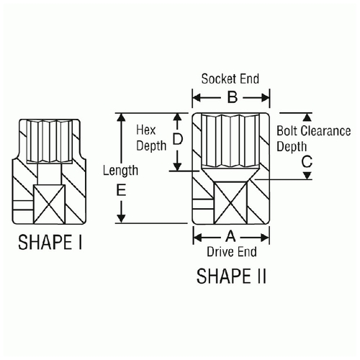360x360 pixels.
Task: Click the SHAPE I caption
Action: pyautogui.click(x=50, y=242)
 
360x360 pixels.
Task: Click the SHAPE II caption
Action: pyautogui.click(x=231, y=276)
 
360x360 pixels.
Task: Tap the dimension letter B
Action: pyautogui.click(x=233, y=97)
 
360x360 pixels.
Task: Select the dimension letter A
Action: pyautogui.click(x=230, y=236)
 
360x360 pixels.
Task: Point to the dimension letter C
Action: pyautogui.click(x=307, y=161)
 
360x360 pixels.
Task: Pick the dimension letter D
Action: pyautogui.click(x=178, y=139)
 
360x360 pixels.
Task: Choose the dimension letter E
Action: pyautogui.click(x=121, y=191)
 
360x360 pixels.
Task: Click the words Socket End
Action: pyautogui.click(x=230, y=78)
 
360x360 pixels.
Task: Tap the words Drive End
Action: pyautogui.click(x=232, y=252)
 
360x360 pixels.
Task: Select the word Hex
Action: pyautogui.click(x=146, y=130)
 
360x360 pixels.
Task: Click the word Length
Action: pyautogui.click(x=120, y=171)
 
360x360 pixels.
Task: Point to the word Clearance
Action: pyautogui.click(x=325, y=131)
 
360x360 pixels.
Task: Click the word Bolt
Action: pyautogui.click(x=287, y=131)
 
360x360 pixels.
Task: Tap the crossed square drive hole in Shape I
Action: pyautogui.click(x=49, y=204)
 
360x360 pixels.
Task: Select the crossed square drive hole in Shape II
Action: pyautogui.click(x=230, y=203)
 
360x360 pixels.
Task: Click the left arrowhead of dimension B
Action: pyautogui.click(x=197, y=98)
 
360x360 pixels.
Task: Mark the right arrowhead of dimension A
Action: pyautogui.click(x=265, y=238)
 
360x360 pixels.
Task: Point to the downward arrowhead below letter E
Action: pyautogui.click(x=121, y=219)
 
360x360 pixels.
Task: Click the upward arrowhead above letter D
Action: pyautogui.click(x=177, y=117)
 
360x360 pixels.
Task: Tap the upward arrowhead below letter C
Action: pyautogui.click(x=307, y=176)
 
